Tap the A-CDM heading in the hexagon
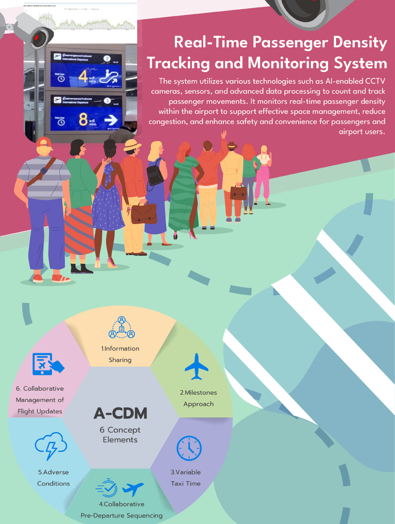[x=120, y=413]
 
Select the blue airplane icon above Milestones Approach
[x=196, y=367]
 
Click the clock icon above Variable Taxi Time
[x=189, y=448]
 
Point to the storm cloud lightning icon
[x=51, y=445]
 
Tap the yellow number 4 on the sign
[x=83, y=76]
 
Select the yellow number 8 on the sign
[x=83, y=119]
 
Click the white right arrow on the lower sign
[x=111, y=119]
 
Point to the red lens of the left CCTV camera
[x=37, y=38]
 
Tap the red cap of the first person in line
[x=44, y=143]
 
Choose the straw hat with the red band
[x=132, y=145]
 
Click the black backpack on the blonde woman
[x=155, y=175]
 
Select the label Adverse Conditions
[x=53, y=478]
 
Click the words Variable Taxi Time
[x=185, y=478]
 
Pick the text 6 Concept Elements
[x=120, y=435]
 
